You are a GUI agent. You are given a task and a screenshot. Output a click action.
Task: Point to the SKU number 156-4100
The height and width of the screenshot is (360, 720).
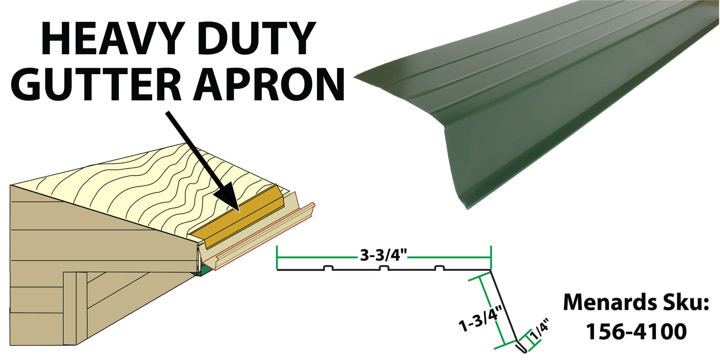pyautogui.click(x=636, y=332)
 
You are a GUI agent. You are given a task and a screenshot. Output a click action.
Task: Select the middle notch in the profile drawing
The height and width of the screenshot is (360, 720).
pyautogui.click(x=384, y=268)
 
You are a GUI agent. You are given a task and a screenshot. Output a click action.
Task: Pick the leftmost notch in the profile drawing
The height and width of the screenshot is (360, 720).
pyautogui.click(x=328, y=268)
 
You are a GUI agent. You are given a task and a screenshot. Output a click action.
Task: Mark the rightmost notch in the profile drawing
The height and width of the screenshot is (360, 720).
pyautogui.click(x=439, y=268)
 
